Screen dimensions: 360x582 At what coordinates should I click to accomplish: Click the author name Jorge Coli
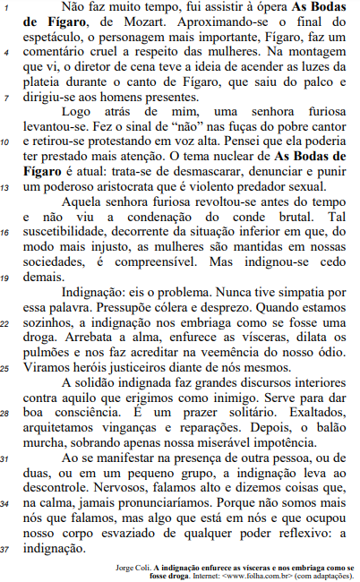coord(135,568)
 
